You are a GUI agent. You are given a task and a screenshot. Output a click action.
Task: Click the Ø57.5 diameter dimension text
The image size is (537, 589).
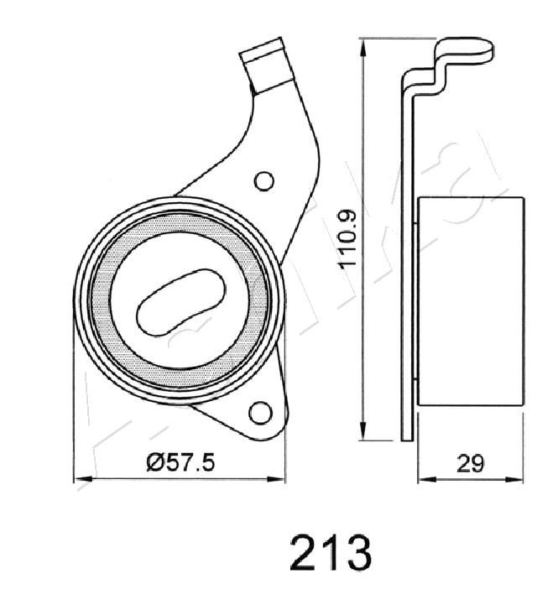pyautogui.click(x=180, y=462)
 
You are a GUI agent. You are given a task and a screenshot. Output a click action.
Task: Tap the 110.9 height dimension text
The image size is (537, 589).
pyautogui.click(x=347, y=239)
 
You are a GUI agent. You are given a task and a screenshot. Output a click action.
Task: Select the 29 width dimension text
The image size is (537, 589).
pyautogui.click(x=471, y=463)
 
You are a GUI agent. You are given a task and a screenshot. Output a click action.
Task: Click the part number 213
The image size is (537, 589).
pyautogui.click(x=331, y=553)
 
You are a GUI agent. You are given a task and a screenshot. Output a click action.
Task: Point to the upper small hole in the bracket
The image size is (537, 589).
pyautogui.click(x=264, y=181)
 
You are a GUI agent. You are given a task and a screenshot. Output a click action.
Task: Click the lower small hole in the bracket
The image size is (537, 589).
pyautogui.click(x=260, y=413)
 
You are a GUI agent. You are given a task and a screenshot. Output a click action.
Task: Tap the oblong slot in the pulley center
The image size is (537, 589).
pyautogui.click(x=181, y=302)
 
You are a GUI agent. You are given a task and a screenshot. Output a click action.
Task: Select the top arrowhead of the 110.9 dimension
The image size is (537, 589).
pyautogui.click(x=362, y=48)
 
